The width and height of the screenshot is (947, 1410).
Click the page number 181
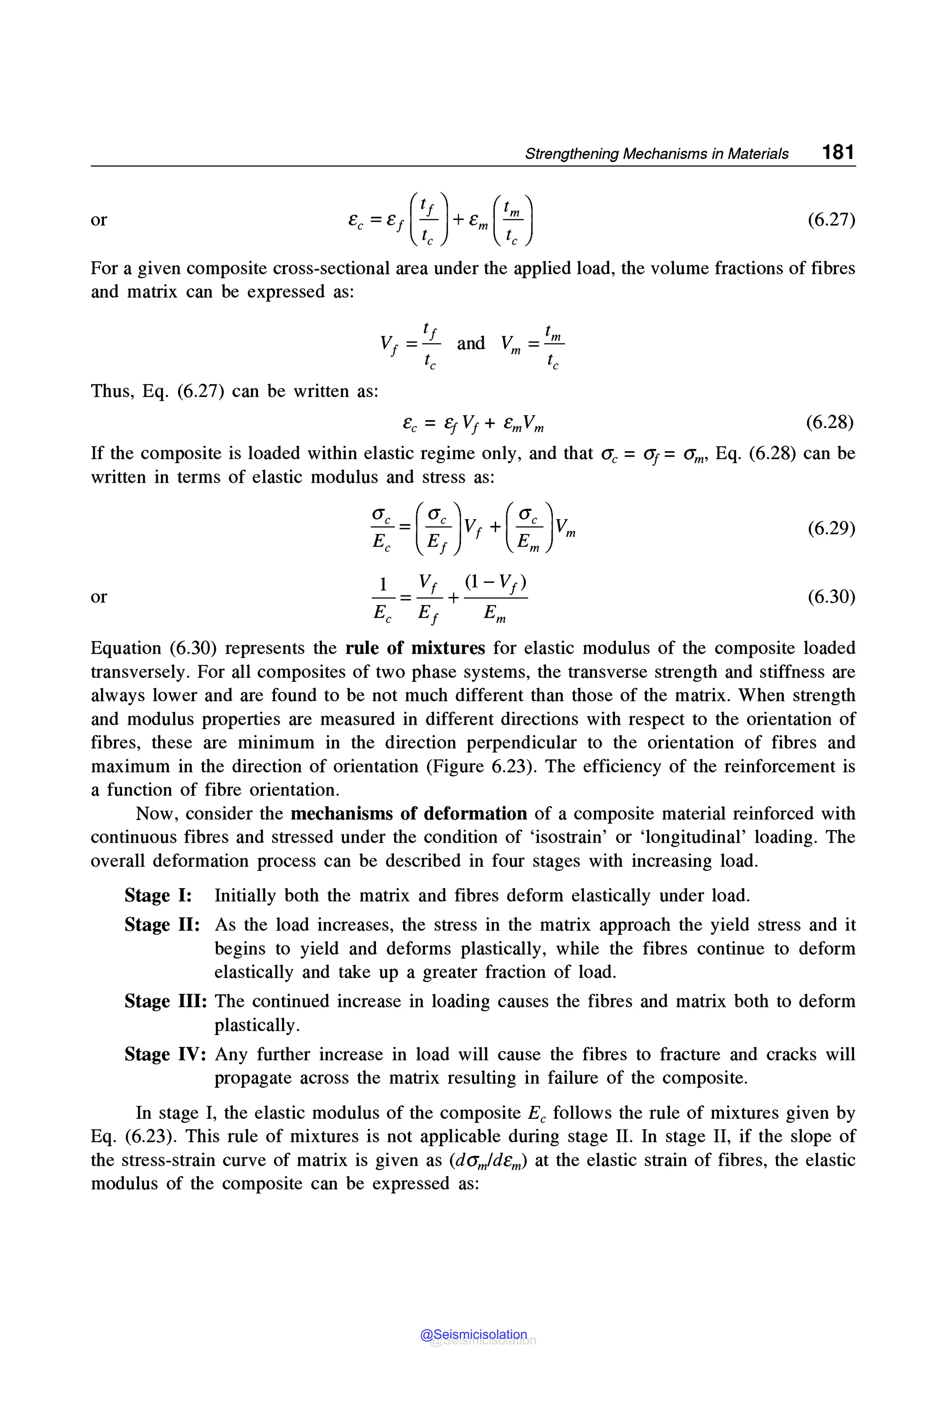click(x=838, y=152)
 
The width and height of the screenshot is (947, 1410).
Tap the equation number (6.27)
click(x=831, y=219)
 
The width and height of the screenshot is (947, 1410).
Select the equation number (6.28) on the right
click(x=830, y=422)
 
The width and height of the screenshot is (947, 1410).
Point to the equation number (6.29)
click(x=831, y=528)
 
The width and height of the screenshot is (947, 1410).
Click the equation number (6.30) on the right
click(x=831, y=597)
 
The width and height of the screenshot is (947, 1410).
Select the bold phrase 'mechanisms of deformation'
click(x=408, y=813)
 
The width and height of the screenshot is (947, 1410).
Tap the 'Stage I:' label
click(x=158, y=895)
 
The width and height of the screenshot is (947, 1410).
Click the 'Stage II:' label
click(x=162, y=925)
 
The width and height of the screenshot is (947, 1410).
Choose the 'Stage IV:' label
click(x=166, y=1054)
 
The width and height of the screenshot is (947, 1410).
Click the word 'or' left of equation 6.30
click(x=98, y=597)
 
